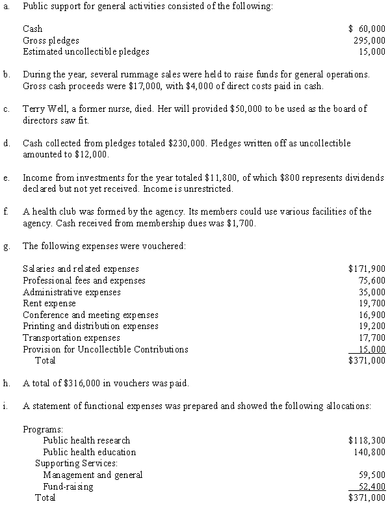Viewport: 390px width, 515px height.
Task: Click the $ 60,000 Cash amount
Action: pos(367,29)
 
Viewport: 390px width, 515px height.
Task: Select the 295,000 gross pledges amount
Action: pos(370,40)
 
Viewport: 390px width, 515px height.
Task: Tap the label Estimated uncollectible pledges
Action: pos(86,51)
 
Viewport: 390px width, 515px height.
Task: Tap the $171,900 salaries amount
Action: pos(367,269)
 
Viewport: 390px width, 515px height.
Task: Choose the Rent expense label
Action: pos(49,303)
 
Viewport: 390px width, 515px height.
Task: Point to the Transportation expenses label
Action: pos(71,337)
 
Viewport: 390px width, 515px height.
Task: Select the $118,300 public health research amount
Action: pos(367,440)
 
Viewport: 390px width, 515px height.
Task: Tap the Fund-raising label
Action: pos(68,486)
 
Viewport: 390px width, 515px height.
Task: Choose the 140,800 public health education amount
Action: pos(370,452)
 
